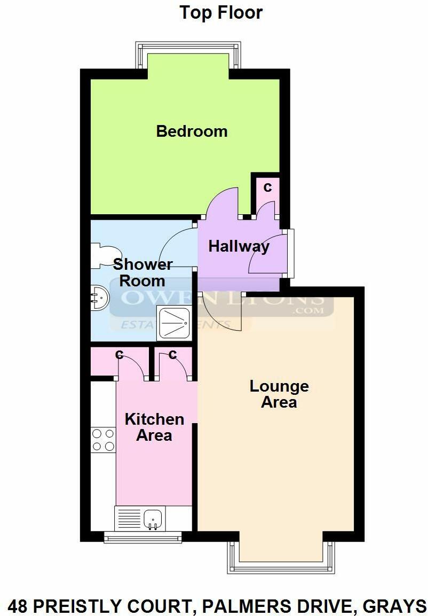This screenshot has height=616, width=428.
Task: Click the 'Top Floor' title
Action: [221, 12]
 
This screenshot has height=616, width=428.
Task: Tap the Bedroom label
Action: [192, 131]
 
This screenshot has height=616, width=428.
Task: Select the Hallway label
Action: [239, 246]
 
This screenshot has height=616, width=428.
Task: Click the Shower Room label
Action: [142, 272]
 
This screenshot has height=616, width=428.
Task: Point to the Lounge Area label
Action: [279, 394]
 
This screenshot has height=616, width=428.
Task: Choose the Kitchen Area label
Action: [154, 427]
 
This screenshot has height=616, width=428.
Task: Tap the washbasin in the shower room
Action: [99, 298]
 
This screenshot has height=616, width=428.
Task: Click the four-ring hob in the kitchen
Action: [103, 440]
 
